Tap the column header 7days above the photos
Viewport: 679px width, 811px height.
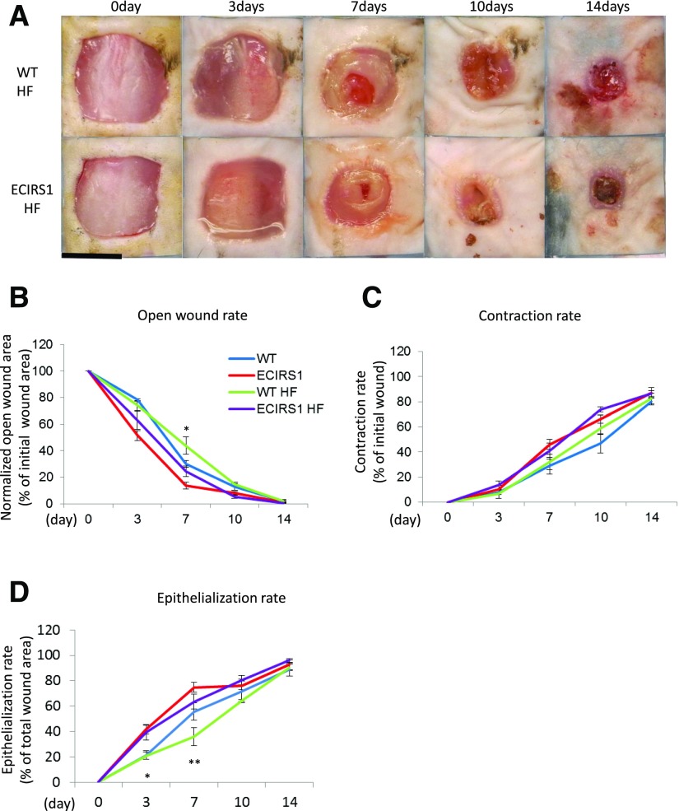pos(363,7)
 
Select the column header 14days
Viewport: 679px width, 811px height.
pos(605,7)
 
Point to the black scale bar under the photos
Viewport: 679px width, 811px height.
pos(91,257)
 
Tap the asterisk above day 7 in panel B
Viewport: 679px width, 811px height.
pos(187,430)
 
